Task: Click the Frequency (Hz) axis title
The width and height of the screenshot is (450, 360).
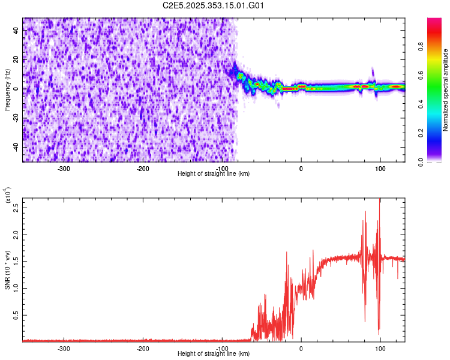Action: [7, 89]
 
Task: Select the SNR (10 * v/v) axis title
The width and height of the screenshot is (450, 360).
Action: [7, 269]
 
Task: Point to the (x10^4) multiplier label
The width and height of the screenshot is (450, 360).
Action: [7, 195]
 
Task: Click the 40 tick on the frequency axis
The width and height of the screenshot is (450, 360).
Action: [16, 31]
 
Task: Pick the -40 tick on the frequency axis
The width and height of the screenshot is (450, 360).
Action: [14, 147]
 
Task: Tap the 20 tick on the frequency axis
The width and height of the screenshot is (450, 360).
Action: [16, 60]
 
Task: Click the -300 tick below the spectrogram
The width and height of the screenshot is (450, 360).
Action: [64, 168]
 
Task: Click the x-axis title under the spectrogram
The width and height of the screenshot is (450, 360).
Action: [214, 173]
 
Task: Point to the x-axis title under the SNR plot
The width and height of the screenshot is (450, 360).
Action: [214, 353]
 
